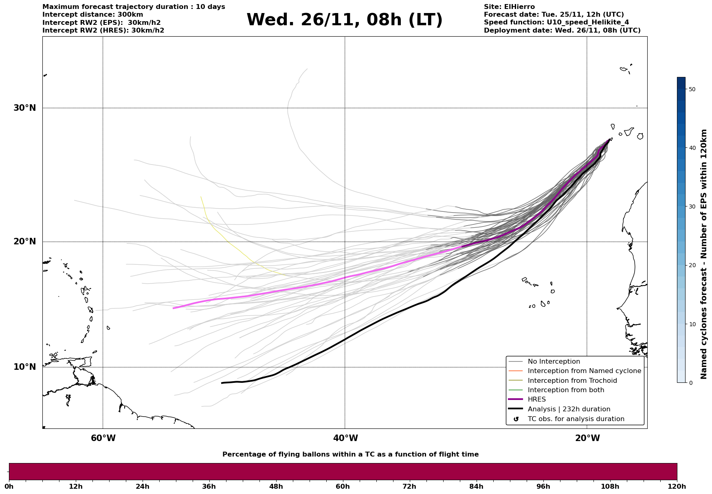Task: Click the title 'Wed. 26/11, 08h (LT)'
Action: (344, 20)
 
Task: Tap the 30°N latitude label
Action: (24, 108)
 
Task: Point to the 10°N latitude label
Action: (24, 367)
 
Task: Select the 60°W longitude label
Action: (103, 438)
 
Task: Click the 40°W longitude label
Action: (345, 438)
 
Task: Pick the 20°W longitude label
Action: (587, 438)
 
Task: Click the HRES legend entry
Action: (536, 400)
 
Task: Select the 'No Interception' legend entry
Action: (554, 362)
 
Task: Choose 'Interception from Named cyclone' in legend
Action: (584, 371)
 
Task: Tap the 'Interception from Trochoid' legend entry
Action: (572, 381)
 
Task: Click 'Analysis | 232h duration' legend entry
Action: (569, 409)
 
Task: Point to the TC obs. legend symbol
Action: (516, 419)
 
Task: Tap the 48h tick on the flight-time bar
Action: (276, 486)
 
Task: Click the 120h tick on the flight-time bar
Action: (677, 486)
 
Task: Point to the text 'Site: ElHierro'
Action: (509, 7)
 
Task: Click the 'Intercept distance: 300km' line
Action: (93, 15)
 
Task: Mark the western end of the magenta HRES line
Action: (174, 308)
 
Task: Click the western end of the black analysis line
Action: (222, 383)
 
